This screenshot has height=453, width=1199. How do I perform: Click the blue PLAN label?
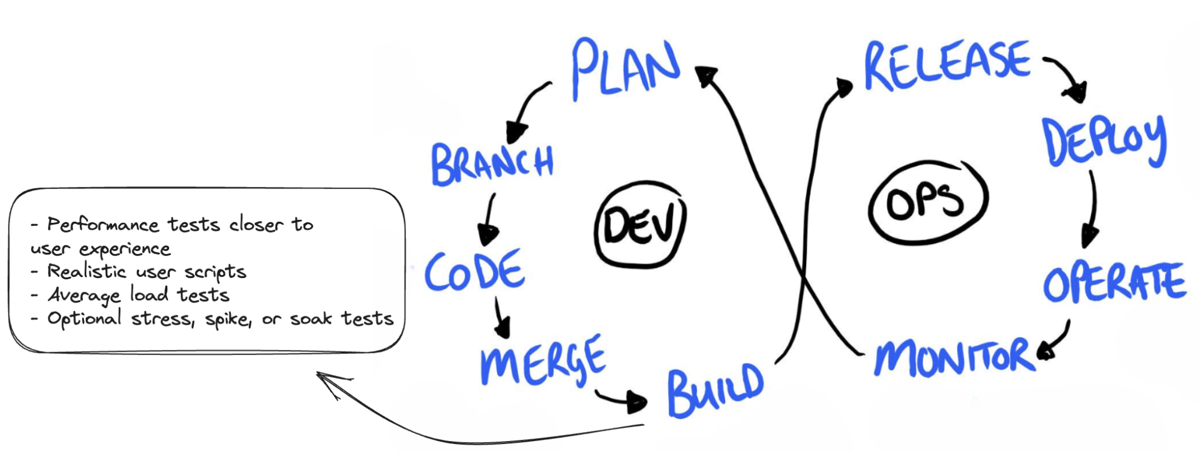(x=625, y=69)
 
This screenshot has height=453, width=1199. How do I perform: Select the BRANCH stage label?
(x=492, y=164)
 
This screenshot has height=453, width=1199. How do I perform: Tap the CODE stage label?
(x=474, y=271)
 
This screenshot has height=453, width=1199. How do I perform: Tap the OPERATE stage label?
(x=1114, y=282)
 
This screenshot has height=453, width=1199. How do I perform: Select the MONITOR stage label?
(x=954, y=357)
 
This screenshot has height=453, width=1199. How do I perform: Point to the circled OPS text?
(x=925, y=201)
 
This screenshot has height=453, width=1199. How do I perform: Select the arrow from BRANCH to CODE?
(x=489, y=219)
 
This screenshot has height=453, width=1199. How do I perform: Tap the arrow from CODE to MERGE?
(x=501, y=318)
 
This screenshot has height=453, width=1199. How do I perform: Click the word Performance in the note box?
(x=103, y=225)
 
